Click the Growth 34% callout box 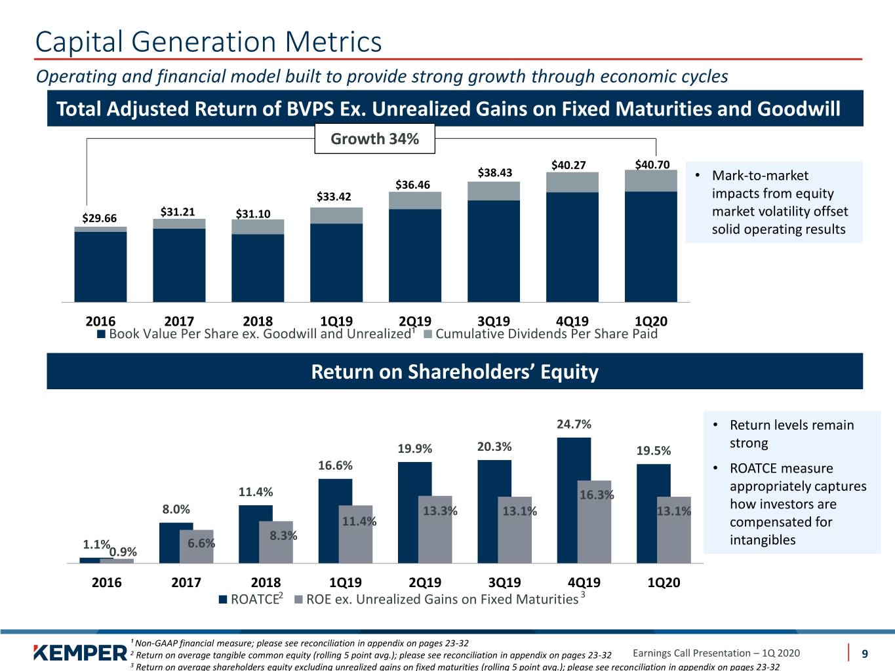tap(374, 138)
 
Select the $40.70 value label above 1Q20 tap(652, 164)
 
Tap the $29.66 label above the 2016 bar tap(100, 218)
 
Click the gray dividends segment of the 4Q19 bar tap(572, 182)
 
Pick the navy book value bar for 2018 tap(258, 268)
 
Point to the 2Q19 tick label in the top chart tap(414, 321)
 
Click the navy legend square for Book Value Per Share tap(101, 334)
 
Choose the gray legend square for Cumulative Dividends tap(428, 334)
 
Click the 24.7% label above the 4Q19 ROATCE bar tap(574, 424)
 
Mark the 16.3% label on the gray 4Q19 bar tap(597, 495)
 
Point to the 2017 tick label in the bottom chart tap(186, 582)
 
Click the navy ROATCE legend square tap(223, 600)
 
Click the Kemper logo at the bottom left tap(80, 653)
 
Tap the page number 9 tap(864, 654)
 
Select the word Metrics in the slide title tap(333, 41)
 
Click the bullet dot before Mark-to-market tap(698, 176)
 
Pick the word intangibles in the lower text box tap(763, 540)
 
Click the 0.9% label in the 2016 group tap(123, 552)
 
